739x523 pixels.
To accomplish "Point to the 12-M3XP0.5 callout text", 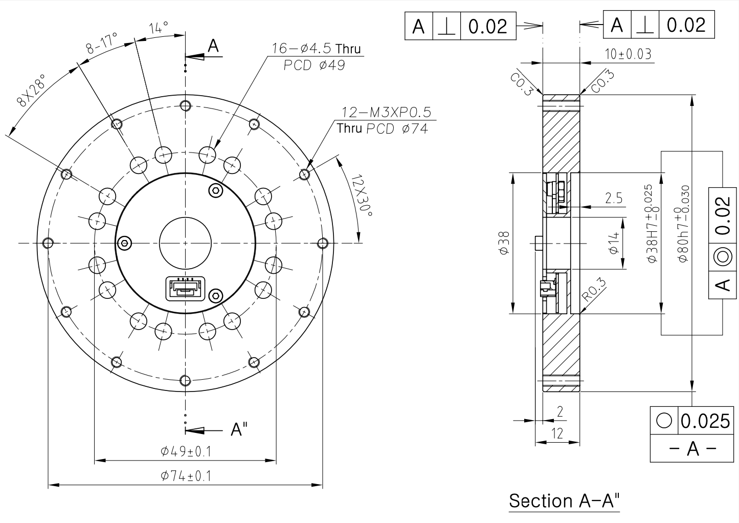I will coord(387,112).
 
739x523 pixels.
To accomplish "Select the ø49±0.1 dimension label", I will coord(186,451).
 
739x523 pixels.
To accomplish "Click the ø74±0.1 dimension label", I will coord(186,476).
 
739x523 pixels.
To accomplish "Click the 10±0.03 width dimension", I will coord(628,54).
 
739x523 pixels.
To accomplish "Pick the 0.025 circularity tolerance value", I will coord(705,421).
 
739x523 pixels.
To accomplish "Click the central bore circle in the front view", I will coord(185,243).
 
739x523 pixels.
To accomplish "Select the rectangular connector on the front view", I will coord(185,289).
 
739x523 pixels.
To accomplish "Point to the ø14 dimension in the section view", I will coord(614,243).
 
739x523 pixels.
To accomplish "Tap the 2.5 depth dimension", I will coord(614,199).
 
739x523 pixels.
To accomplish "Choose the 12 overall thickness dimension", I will coord(557,433).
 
